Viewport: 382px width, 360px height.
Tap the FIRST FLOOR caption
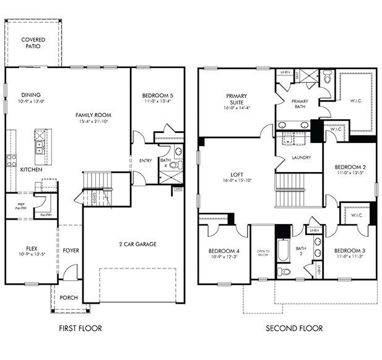click(x=80, y=328)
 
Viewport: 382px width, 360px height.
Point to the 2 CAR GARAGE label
click(x=137, y=244)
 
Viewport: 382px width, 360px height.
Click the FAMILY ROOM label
click(x=93, y=115)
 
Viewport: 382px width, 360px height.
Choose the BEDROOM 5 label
click(x=157, y=95)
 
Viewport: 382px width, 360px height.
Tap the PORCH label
click(x=69, y=298)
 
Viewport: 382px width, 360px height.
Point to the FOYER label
click(x=71, y=251)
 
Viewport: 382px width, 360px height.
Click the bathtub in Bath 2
click(x=284, y=251)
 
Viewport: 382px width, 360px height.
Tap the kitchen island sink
click(x=39, y=147)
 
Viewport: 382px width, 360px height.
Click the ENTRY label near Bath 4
click(x=145, y=160)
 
